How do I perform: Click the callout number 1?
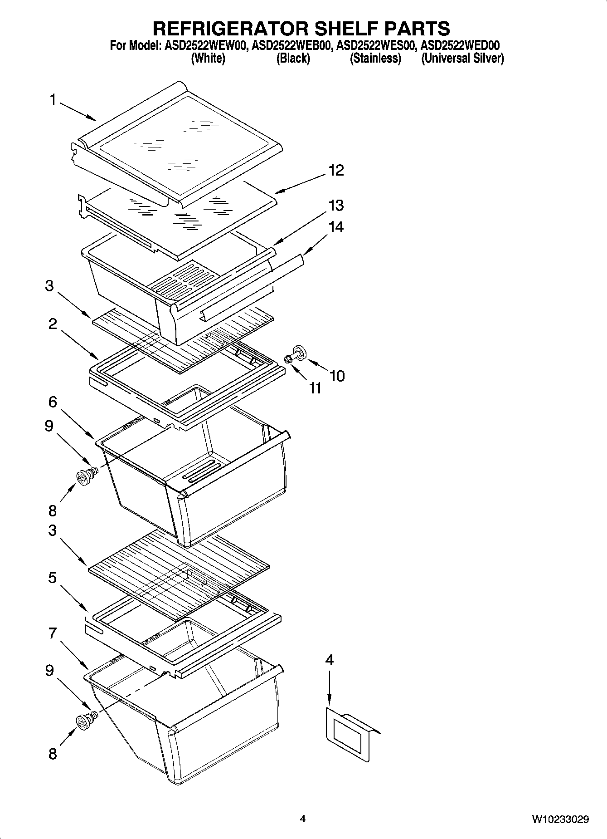click(x=53, y=99)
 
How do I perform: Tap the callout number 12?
click(x=336, y=171)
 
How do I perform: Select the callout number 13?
click(x=336, y=206)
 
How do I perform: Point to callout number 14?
click(x=336, y=226)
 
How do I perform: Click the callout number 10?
click(x=337, y=376)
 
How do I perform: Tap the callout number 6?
click(x=53, y=402)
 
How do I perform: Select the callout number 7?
click(x=53, y=633)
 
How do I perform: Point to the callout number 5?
click(x=53, y=578)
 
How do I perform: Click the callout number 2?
click(x=53, y=324)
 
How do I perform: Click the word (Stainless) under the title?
click(x=375, y=58)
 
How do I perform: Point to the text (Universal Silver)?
click(x=462, y=58)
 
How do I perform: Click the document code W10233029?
click(x=560, y=819)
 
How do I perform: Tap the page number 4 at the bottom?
click(x=303, y=819)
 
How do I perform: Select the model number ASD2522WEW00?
click(x=204, y=45)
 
